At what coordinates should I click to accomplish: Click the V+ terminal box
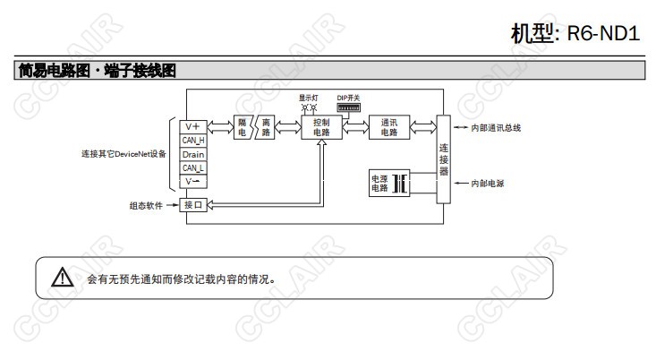(x=193, y=127)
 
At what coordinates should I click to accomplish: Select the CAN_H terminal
(x=193, y=141)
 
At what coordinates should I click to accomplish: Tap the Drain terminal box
(x=193, y=154)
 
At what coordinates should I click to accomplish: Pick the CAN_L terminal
(x=193, y=167)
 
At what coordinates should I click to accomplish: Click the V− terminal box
(x=193, y=181)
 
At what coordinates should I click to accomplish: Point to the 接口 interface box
(x=193, y=205)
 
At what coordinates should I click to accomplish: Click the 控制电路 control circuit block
(x=321, y=127)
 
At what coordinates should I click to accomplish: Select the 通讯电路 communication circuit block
(x=389, y=127)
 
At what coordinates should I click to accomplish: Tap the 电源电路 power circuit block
(x=389, y=183)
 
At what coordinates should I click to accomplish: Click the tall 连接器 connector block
(x=444, y=159)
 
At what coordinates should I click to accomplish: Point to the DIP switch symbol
(x=348, y=107)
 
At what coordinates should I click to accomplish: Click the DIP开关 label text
(x=348, y=98)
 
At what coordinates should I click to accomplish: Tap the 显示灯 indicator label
(x=309, y=98)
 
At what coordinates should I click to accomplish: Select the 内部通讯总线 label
(x=496, y=128)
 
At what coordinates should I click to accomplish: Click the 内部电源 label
(x=488, y=184)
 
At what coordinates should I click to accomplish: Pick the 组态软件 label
(x=146, y=206)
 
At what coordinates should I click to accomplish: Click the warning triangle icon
(x=63, y=277)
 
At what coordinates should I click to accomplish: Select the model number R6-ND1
(x=603, y=33)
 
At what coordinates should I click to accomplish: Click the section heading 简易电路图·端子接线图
(x=97, y=71)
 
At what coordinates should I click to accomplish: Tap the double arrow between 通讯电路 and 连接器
(x=423, y=127)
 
